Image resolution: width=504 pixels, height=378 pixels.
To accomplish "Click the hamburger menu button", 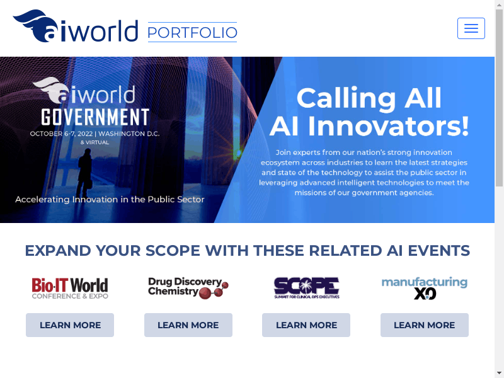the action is click(471, 28).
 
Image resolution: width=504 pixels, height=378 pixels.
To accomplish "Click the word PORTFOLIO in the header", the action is click(192, 33).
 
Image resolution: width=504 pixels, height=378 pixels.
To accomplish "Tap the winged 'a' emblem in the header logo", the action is click(36, 26).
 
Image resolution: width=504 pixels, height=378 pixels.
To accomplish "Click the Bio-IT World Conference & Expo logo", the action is click(70, 289).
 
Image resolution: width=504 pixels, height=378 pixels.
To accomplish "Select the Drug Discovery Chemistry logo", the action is click(188, 288).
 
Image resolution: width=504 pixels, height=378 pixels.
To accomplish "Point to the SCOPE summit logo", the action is click(306, 288).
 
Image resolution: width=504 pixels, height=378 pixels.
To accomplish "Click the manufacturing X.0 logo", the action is click(424, 288).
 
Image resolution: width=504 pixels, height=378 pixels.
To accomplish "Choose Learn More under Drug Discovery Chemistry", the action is click(188, 325).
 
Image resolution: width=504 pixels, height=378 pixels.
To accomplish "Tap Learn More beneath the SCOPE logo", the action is click(306, 325).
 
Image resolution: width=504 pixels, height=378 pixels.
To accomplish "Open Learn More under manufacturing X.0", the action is click(424, 325).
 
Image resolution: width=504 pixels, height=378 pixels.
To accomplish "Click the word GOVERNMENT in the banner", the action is click(96, 117).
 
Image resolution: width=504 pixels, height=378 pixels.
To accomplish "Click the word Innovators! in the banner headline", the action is click(389, 127).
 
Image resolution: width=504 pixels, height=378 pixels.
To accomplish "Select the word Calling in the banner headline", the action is click(346, 98).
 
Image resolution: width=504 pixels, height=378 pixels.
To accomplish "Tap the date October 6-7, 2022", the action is click(61, 134).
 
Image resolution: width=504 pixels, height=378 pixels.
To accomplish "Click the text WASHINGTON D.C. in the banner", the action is click(129, 134).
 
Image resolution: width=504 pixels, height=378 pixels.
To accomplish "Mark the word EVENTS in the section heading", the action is click(438, 251).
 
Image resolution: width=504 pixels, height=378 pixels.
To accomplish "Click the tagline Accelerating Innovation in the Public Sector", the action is click(110, 200).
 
